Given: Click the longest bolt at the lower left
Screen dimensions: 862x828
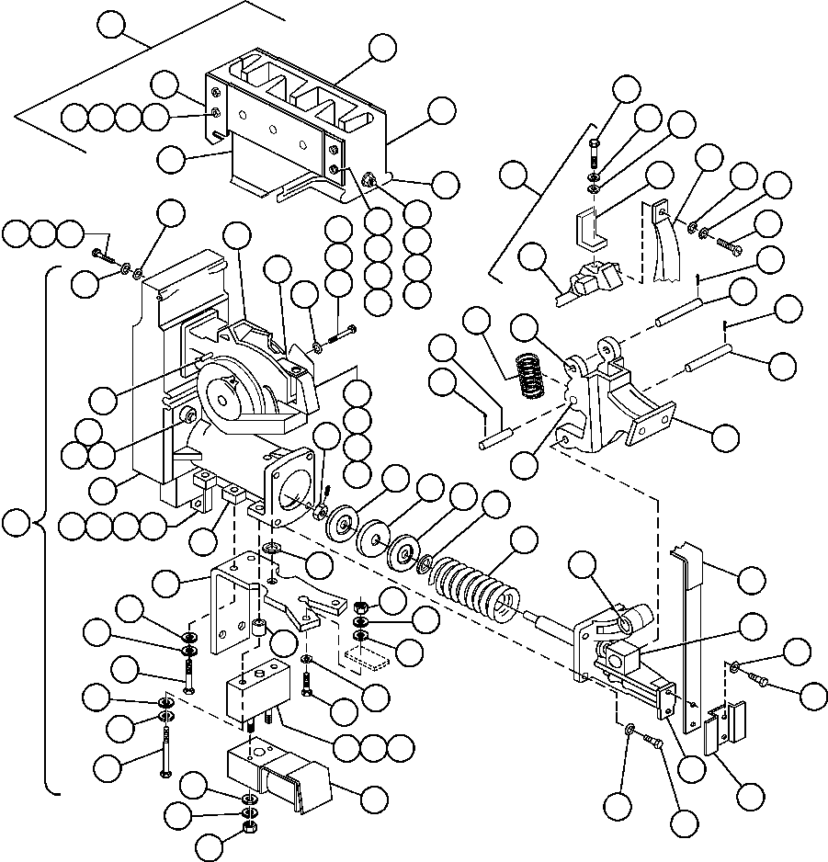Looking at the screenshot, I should click(x=165, y=749).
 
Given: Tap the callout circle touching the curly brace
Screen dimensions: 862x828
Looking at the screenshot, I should click(x=15, y=525).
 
